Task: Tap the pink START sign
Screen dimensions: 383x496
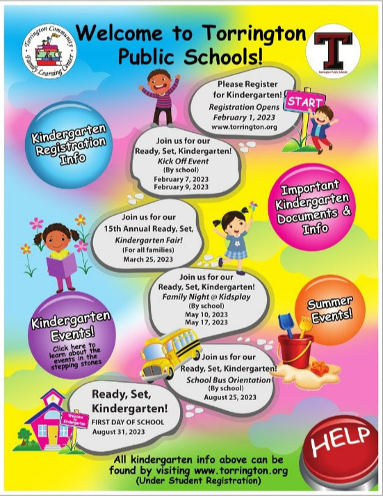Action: pos(304,102)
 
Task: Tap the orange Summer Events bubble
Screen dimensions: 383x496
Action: pos(328,310)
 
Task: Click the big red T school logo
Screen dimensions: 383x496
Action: pos(337,49)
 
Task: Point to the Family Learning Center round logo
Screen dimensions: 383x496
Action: pos(49,50)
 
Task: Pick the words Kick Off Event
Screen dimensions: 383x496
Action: pos(180,160)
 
